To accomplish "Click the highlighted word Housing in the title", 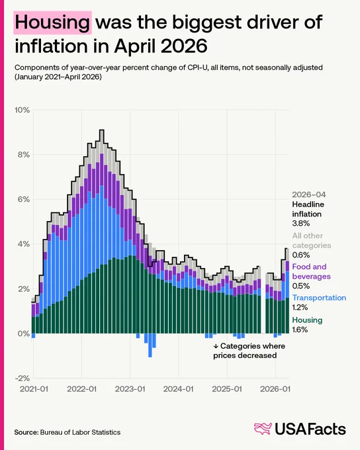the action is [52, 22].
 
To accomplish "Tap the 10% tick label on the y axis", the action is [22, 110].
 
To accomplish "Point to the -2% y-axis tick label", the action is [22, 379].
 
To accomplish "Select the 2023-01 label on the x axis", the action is [130, 389].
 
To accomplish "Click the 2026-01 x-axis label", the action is [275, 389].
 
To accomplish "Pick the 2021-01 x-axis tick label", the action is [34, 389].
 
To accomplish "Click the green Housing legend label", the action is [307, 320].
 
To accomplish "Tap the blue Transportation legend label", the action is [319, 298].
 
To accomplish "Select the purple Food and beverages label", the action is [311, 271].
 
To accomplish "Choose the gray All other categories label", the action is [312, 240].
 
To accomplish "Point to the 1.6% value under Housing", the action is [300, 330].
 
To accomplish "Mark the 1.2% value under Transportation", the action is [300, 307].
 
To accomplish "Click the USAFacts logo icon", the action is [263, 429].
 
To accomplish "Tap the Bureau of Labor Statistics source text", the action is [80, 432].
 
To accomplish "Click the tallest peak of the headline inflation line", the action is [102, 130].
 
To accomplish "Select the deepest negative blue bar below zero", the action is [150, 345].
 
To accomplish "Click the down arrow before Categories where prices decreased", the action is [216, 346].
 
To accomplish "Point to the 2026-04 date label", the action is [309, 195].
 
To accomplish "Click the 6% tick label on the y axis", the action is [24, 199].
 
